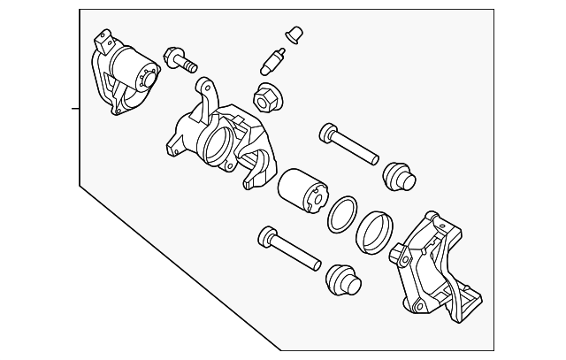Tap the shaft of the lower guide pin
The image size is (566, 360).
tap(296, 251)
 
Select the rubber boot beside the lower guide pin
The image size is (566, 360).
tap(343, 280)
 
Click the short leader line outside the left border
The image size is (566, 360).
tap(75, 109)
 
